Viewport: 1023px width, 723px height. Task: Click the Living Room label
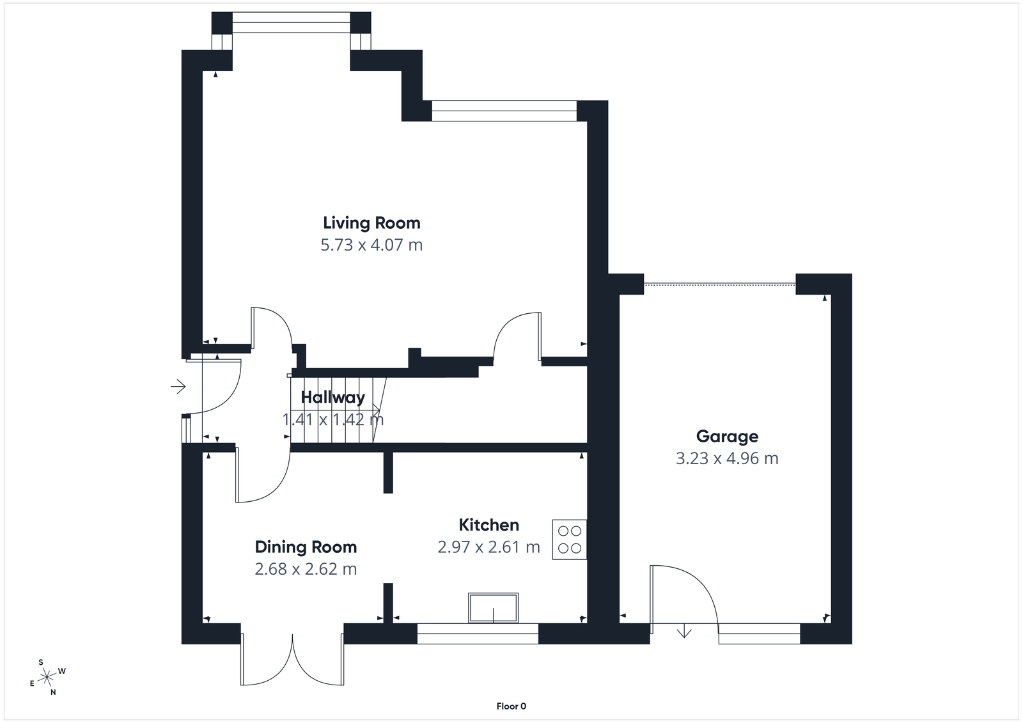371,223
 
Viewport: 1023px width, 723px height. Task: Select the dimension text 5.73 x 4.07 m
371,245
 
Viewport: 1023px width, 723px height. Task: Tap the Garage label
727,437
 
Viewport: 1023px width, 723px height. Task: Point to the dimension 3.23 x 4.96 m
727,458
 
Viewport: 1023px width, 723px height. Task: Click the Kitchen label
488,525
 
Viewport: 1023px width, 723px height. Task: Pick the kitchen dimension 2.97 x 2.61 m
488,547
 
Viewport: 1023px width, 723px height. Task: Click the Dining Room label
306,547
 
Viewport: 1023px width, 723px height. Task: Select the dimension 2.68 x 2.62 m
306,569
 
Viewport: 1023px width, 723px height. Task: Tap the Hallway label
332,398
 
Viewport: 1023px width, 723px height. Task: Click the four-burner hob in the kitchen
569,540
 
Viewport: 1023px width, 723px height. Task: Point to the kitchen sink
493,608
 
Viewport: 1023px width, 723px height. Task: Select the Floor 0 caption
511,706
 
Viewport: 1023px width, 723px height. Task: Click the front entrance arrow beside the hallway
178,386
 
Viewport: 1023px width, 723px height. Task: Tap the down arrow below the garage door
685,632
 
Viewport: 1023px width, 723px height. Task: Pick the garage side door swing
683,595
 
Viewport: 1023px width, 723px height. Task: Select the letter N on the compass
53,692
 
